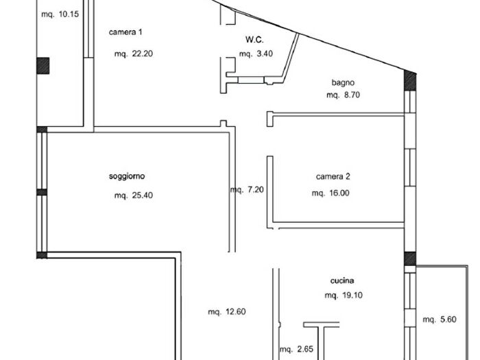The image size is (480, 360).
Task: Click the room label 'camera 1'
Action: click(125, 32)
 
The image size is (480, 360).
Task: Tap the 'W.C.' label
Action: click(255, 40)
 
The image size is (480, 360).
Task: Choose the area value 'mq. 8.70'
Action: click(344, 96)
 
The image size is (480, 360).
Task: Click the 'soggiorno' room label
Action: click(127, 177)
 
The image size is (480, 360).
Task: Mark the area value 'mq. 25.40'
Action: click(133, 195)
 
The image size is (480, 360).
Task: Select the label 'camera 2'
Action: click(333, 177)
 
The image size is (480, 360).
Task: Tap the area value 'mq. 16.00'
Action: click(331, 193)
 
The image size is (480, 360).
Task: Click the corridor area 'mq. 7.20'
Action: click(247, 190)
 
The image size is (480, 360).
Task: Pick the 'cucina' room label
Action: click(343, 280)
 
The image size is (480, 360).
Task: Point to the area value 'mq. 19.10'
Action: click(343, 296)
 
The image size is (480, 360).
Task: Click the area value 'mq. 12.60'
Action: click(227, 312)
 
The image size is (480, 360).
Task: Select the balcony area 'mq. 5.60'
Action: click(439, 319)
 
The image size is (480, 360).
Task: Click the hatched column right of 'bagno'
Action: click(409, 80)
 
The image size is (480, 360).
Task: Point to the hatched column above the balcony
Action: click(410, 259)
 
